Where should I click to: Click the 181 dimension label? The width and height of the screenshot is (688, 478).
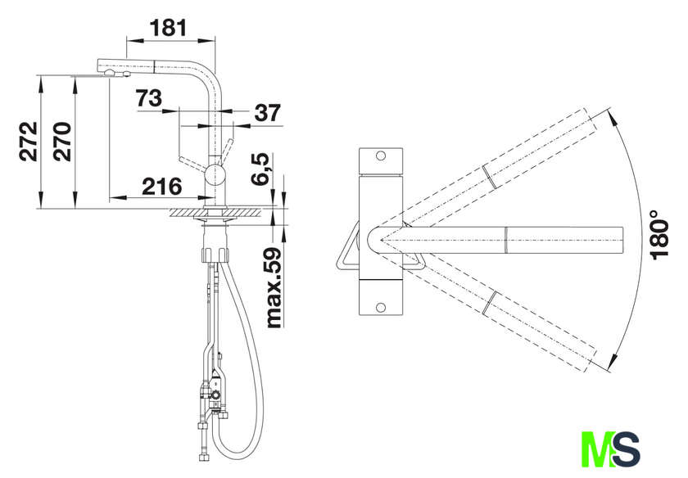(169, 28)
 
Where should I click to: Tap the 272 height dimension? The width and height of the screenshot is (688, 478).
(29, 142)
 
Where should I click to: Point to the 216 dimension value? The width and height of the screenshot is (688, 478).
(162, 187)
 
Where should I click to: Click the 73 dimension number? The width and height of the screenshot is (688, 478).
(148, 97)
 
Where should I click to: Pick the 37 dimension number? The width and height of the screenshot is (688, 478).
(267, 113)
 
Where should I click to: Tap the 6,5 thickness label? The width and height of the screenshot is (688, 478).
(260, 169)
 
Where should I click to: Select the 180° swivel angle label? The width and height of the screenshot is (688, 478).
(659, 235)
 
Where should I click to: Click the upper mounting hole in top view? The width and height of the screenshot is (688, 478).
(381, 156)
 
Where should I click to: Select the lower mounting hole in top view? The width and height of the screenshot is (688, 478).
(381, 308)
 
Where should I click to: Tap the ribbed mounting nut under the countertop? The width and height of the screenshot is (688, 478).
(215, 255)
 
